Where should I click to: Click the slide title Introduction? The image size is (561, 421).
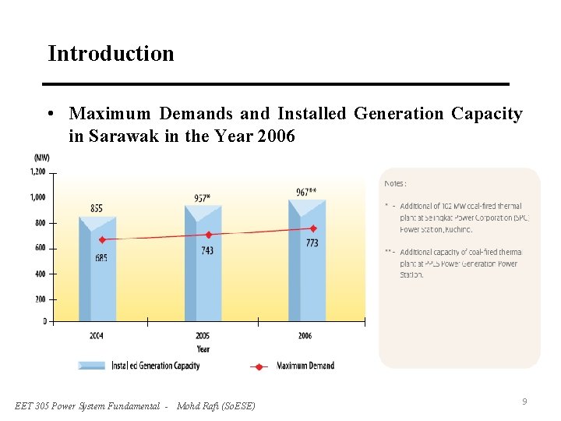(x=111, y=54)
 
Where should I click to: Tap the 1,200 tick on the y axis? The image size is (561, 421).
(x=37, y=172)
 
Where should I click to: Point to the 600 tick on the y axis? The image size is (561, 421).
(x=39, y=248)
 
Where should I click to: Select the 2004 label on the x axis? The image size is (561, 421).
(x=97, y=335)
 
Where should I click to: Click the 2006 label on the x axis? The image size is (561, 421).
(x=305, y=335)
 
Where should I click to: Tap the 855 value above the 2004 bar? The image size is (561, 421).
(x=97, y=208)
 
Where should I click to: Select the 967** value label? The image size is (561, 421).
(x=306, y=192)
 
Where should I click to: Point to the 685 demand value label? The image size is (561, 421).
(x=101, y=257)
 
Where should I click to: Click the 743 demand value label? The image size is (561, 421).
(x=206, y=250)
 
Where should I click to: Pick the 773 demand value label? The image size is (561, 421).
(x=312, y=243)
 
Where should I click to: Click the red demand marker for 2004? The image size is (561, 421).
(x=102, y=239)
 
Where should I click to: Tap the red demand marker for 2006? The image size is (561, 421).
(x=313, y=228)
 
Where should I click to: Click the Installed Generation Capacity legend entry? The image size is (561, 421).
(x=155, y=366)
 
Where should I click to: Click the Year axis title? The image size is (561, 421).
(x=203, y=348)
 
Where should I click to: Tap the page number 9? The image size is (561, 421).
(x=524, y=402)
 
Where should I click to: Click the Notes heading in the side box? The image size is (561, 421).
(x=395, y=183)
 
